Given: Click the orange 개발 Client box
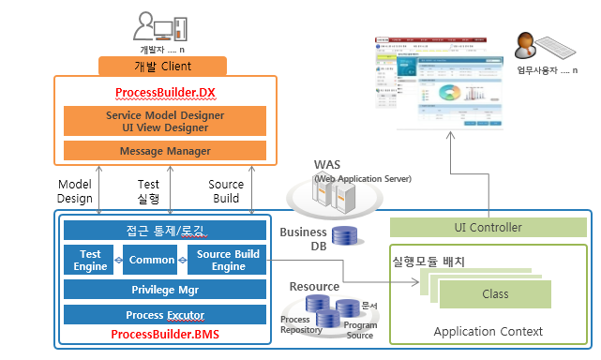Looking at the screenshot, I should pos(163,66).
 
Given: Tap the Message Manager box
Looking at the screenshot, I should pos(164,151).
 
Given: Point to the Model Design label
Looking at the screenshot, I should pos(75,191).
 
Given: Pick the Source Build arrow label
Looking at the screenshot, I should pos(226,191).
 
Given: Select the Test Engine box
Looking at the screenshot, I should pos(90,260).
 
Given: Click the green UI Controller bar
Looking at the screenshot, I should pos(488,227).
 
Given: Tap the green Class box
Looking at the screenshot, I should pos(495,294).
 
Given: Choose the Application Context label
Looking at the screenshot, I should pos(488,331).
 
